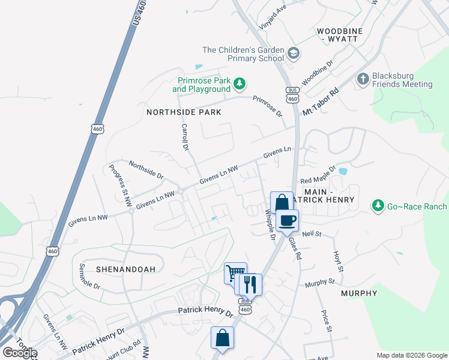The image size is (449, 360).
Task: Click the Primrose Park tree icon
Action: point(239,83)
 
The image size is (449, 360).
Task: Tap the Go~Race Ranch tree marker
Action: point(378,206)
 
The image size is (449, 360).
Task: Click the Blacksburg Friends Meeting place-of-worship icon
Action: point(363,79)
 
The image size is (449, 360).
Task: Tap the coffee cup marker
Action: point(288,220)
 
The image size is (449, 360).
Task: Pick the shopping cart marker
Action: point(235,274)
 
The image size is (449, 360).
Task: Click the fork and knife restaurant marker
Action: point(251,284)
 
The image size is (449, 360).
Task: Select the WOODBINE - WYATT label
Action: point(337,35)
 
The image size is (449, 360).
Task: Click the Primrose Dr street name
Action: point(267,106)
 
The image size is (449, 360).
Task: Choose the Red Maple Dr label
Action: point(318,176)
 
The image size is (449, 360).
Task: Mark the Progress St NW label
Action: point(119,185)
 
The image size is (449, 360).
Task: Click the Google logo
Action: point(20,353)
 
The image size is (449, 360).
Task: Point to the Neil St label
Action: point(312,233)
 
